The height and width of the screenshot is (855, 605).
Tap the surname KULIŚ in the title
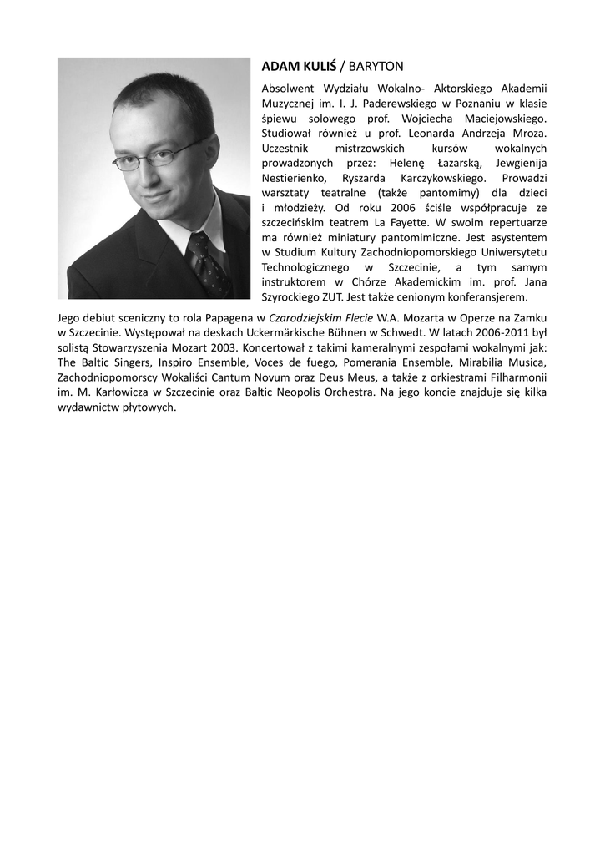(x=316, y=66)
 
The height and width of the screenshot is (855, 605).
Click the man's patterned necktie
(x=207, y=264)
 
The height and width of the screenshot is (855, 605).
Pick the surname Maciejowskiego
(x=504, y=119)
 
